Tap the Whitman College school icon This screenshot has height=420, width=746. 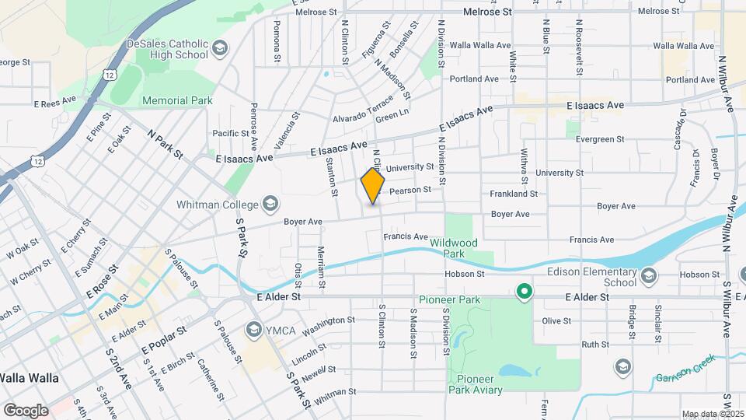[270, 204]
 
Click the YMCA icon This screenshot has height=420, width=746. [253, 330]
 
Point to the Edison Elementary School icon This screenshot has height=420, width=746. [649, 275]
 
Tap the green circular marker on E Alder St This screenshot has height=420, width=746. [525, 292]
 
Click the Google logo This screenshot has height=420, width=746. [26, 410]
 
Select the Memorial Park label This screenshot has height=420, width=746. [177, 100]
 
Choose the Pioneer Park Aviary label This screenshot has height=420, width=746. [479, 384]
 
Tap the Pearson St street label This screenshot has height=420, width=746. [410, 190]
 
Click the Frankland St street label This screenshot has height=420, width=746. [514, 193]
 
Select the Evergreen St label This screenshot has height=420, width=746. [600, 139]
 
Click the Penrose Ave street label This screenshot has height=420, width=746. [253, 125]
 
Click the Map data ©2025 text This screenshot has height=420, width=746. [710, 414]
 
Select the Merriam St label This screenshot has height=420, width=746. [320, 263]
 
